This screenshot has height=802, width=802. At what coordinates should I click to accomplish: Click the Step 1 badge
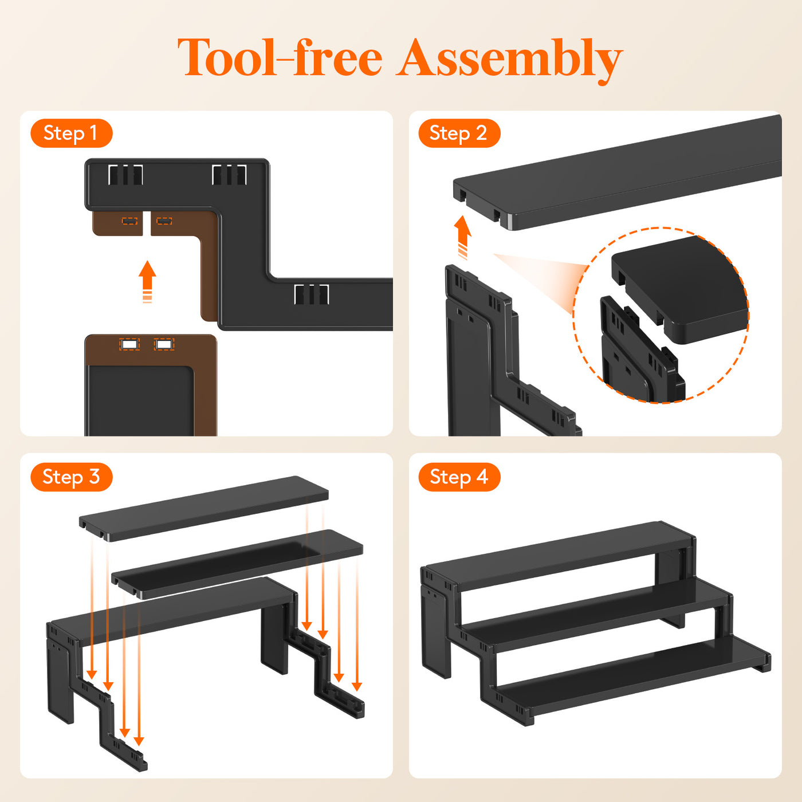click(71, 133)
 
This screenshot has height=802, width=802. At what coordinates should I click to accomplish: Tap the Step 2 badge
click(459, 133)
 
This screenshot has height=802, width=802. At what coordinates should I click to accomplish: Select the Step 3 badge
click(71, 477)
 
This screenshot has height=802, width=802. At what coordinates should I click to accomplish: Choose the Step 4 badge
click(459, 477)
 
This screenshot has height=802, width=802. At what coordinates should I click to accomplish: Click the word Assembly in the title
click(509, 59)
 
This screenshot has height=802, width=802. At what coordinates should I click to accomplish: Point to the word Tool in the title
click(227, 57)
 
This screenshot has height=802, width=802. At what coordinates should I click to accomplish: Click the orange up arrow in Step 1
click(147, 281)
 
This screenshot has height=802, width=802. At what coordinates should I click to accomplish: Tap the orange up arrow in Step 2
click(462, 237)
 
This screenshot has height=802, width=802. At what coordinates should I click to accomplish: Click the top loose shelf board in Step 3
click(203, 508)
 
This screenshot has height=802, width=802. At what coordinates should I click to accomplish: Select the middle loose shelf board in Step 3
click(237, 564)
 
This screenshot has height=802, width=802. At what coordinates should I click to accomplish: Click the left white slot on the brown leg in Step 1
click(129, 345)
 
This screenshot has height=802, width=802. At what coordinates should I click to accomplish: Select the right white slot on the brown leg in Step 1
click(164, 345)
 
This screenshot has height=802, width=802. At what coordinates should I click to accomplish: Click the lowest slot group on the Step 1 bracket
click(311, 294)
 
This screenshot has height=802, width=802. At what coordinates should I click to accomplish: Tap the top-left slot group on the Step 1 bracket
click(125, 175)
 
